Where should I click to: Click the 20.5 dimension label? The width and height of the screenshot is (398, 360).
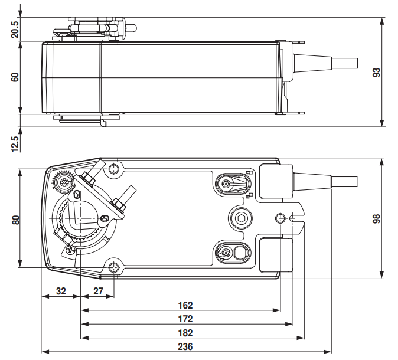(x=15, y=30)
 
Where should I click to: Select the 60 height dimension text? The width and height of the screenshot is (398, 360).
(x=15, y=77)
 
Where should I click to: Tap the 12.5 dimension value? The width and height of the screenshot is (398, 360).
(x=15, y=144)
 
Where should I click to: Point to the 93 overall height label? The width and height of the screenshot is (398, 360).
(x=376, y=73)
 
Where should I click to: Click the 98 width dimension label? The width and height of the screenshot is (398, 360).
(x=376, y=219)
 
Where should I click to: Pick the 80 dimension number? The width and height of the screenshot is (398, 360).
(x=15, y=220)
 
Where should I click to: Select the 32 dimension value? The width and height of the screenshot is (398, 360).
(x=61, y=291)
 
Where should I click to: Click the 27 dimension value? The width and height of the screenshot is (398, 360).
(x=98, y=291)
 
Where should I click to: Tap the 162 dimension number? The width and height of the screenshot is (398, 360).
(x=185, y=305)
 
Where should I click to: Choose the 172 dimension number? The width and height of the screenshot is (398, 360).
(x=185, y=319)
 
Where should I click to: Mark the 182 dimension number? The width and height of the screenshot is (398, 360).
(x=185, y=333)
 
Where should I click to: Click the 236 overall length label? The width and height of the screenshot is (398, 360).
(x=185, y=346)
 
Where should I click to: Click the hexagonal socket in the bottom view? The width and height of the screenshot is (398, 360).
(x=240, y=218)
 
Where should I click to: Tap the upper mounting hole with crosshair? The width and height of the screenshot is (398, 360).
(x=114, y=168)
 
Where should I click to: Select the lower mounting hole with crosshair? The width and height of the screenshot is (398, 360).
(x=114, y=267)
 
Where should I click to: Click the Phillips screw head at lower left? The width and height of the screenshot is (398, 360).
(x=70, y=250)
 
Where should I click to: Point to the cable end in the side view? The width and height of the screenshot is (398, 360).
(x=344, y=63)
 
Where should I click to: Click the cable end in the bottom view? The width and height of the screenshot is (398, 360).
(x=344, y=182)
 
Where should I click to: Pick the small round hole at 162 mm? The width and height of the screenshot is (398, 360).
(x=280, y=218)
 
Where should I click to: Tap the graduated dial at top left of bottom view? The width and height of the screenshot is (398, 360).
(x=63, y=181)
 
